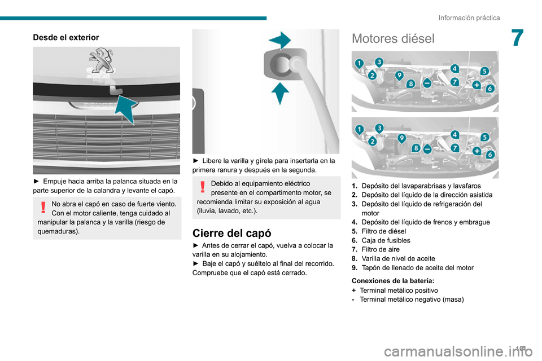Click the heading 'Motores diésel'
(393, 38)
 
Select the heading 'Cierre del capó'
(231, 233)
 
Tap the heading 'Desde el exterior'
(65, 37)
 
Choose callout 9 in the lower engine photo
(401, 138)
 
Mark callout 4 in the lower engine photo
(454, 134)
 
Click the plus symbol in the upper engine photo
(477, 85)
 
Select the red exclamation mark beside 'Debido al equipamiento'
(202, 188)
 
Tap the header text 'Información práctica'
(469, 17)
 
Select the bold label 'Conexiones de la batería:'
(391, 280)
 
